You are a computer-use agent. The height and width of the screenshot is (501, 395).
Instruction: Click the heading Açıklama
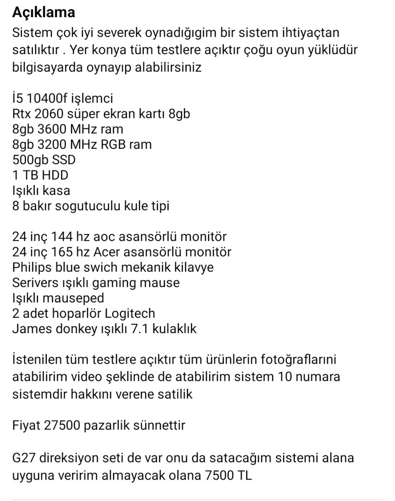tap(44, 13)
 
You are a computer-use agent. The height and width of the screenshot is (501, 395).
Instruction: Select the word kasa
tap(57, 190)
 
